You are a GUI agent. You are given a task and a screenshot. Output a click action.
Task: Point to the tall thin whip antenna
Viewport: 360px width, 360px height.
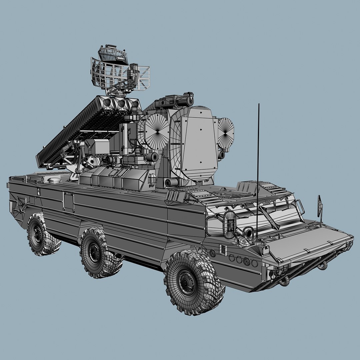tap(258, 167)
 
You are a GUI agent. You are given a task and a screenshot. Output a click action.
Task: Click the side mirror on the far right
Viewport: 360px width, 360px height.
tap(319, 206)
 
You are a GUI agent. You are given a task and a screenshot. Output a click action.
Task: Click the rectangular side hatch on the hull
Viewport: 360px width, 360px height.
tap(68, 202)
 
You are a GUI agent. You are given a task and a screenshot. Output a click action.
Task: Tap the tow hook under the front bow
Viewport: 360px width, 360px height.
tap(284, 281)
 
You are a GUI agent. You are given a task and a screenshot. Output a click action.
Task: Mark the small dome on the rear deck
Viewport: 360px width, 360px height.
tap(54, 180)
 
